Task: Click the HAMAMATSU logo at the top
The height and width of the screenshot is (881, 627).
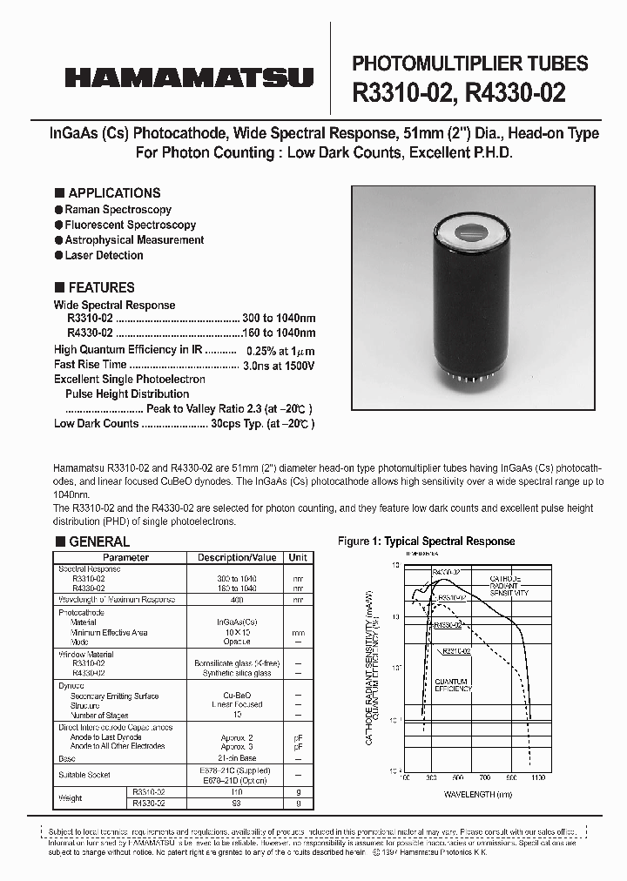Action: coord(188,77)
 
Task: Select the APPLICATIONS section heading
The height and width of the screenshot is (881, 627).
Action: coord(113,193)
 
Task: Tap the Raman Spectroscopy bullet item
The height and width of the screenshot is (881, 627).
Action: coord(118,210)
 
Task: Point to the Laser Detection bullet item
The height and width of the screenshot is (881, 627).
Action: coord(104,255)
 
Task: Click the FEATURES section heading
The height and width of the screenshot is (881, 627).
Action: coord(101,287)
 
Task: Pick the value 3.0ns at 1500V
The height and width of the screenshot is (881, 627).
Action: coord(279,365)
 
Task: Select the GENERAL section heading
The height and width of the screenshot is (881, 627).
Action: coord(98,541)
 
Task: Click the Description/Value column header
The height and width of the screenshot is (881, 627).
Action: coord(237,558)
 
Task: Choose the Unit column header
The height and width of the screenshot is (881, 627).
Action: coord(298,558)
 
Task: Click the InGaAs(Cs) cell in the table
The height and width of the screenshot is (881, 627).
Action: coord(236,622)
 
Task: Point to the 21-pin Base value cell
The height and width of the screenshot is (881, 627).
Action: coord(236,757)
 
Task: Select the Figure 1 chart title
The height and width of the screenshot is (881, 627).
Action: coord(426,541)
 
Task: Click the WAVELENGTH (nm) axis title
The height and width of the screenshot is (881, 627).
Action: coord(478,794)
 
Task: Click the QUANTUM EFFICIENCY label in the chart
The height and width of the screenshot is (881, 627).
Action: coord(454,684)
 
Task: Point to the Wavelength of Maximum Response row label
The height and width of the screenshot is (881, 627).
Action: coord(117,600)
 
